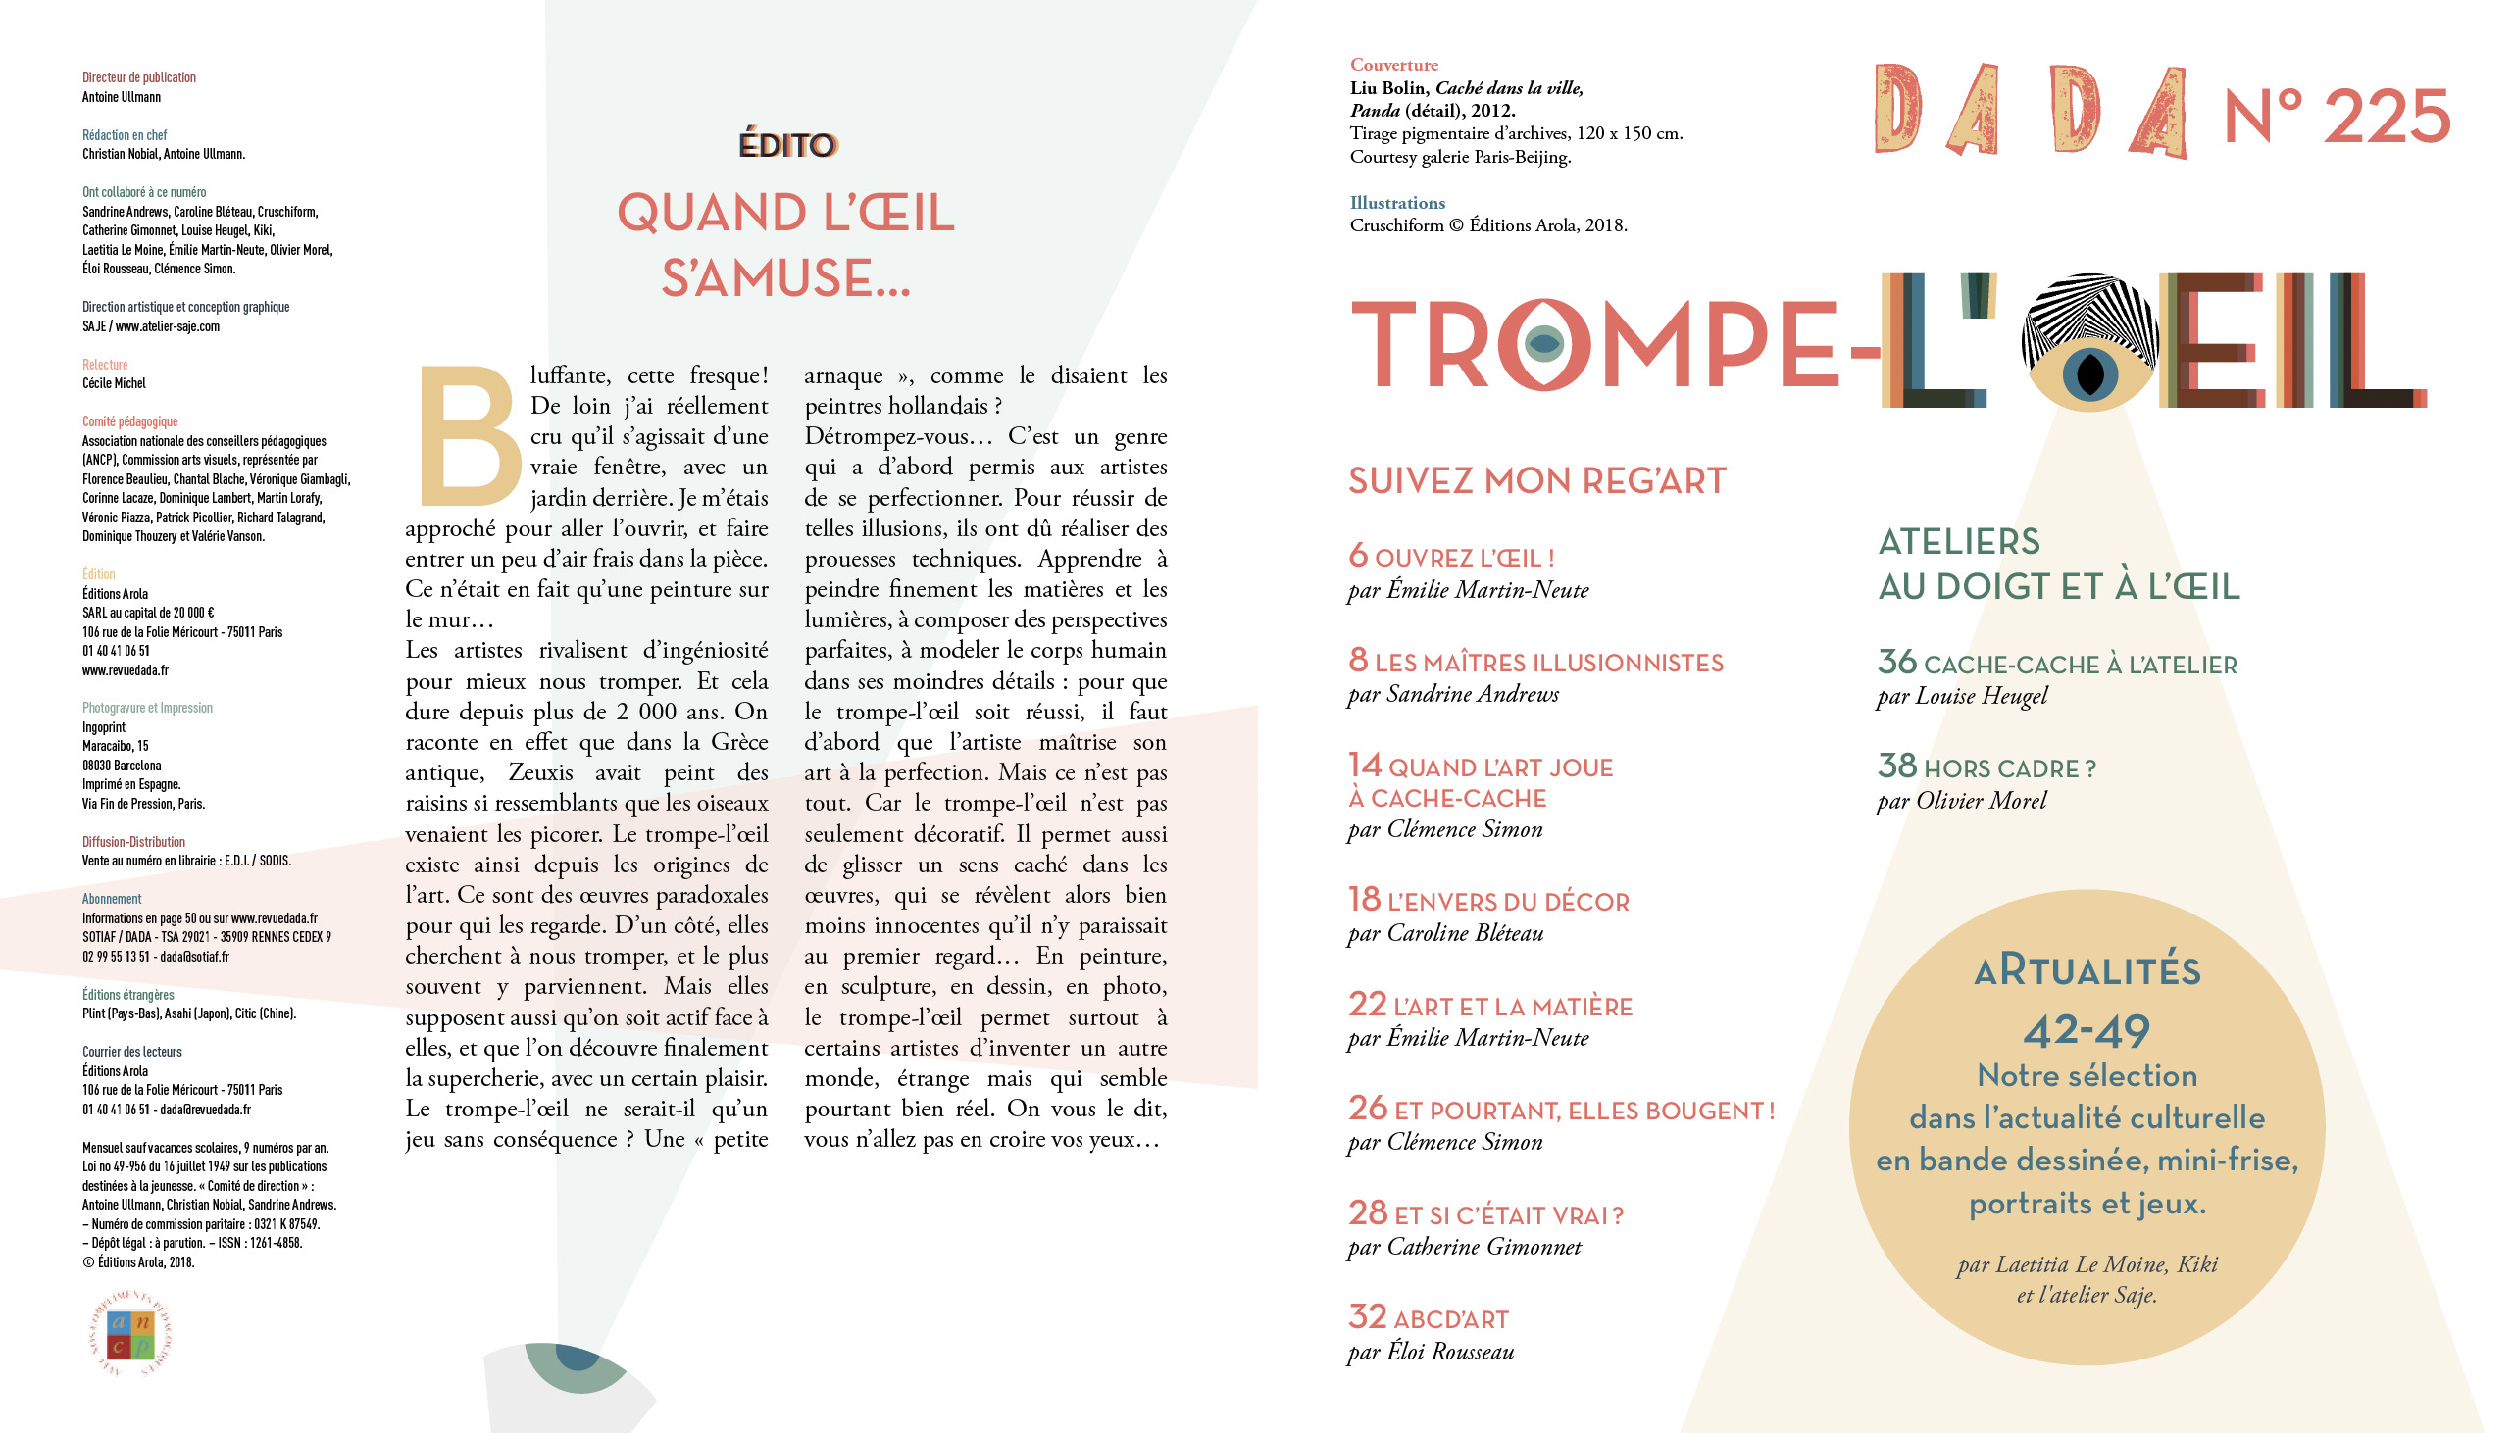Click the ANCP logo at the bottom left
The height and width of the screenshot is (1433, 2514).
[x=131, y=1335]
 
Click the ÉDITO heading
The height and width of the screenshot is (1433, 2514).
[x=786, y=145]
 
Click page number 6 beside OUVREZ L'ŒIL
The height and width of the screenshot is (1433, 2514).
[x=1357, y=556]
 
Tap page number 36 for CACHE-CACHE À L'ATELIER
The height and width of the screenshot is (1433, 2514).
[x=1896, y=663]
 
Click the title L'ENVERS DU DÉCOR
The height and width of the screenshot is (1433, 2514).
[x=1508, y=902]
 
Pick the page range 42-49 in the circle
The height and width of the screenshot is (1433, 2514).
[x=2086, y=1030]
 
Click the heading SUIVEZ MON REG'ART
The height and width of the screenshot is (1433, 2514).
[x=1536, y=481]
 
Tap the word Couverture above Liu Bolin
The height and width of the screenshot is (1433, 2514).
[x=1393, y=65]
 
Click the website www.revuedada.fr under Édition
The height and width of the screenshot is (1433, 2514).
[x=125, y=670]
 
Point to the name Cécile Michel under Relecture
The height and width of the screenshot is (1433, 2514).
[x=114, y=383]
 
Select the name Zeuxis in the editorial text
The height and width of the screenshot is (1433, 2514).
[x=540, y=772]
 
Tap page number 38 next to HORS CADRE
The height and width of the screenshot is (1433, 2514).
[x=1896, y=766]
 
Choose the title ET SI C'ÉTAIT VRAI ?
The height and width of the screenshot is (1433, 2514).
[x=1508, y=1215]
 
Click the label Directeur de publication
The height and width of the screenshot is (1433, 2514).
[x=139, y=77]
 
